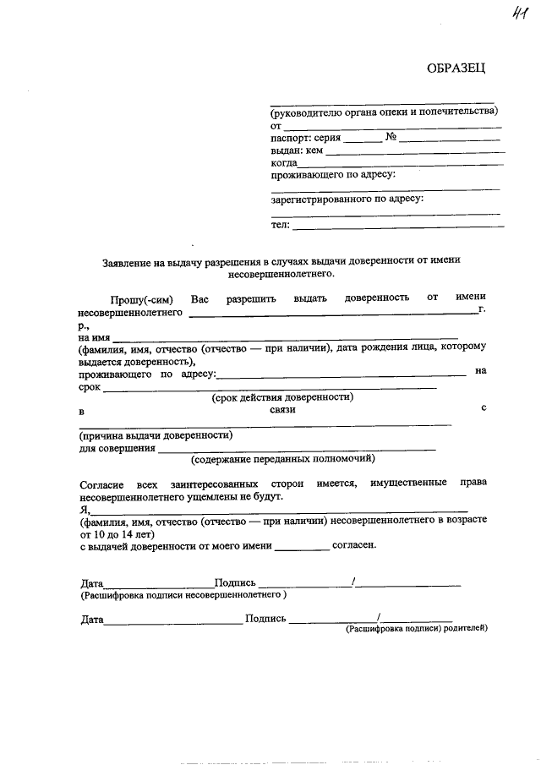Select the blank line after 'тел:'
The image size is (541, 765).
(397, 227)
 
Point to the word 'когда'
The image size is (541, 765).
(284, 162)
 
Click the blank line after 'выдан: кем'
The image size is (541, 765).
(414, 153)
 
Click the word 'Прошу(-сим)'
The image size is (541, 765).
(141, 298)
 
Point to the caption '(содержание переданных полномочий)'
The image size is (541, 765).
(282, 460)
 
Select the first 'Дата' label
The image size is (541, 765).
(91, 583)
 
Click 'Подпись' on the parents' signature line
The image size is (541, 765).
(265, 619)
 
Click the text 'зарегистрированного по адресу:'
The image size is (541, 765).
(347, 199)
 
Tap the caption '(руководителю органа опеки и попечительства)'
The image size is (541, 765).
(384, 112)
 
